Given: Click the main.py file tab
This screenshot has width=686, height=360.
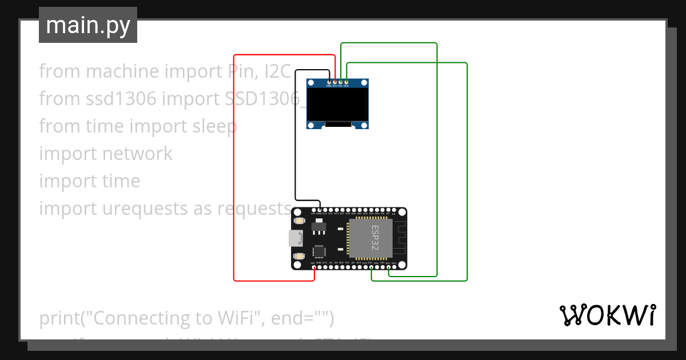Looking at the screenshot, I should pos(87,25).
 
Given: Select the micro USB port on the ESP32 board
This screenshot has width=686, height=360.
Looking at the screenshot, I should pos(296,238).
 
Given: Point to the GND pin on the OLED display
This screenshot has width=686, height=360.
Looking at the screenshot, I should pos(329,83).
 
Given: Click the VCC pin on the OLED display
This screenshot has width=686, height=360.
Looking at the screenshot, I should pos(334,83).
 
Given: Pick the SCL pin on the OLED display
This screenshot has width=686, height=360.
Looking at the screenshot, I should pos(341,83).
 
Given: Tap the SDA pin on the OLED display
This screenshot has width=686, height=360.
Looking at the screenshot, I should pos(346,83).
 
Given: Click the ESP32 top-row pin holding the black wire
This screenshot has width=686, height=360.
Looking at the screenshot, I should pos(320,210).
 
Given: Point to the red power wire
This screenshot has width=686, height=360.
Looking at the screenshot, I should pos(234,171).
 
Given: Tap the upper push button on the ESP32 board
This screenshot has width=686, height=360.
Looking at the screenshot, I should pos(298,220).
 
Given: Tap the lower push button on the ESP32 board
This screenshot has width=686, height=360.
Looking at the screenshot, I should pos(298,257).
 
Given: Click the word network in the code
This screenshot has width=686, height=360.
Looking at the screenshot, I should pos(137,154).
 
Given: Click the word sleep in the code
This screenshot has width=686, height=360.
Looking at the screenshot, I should pos(211,126).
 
